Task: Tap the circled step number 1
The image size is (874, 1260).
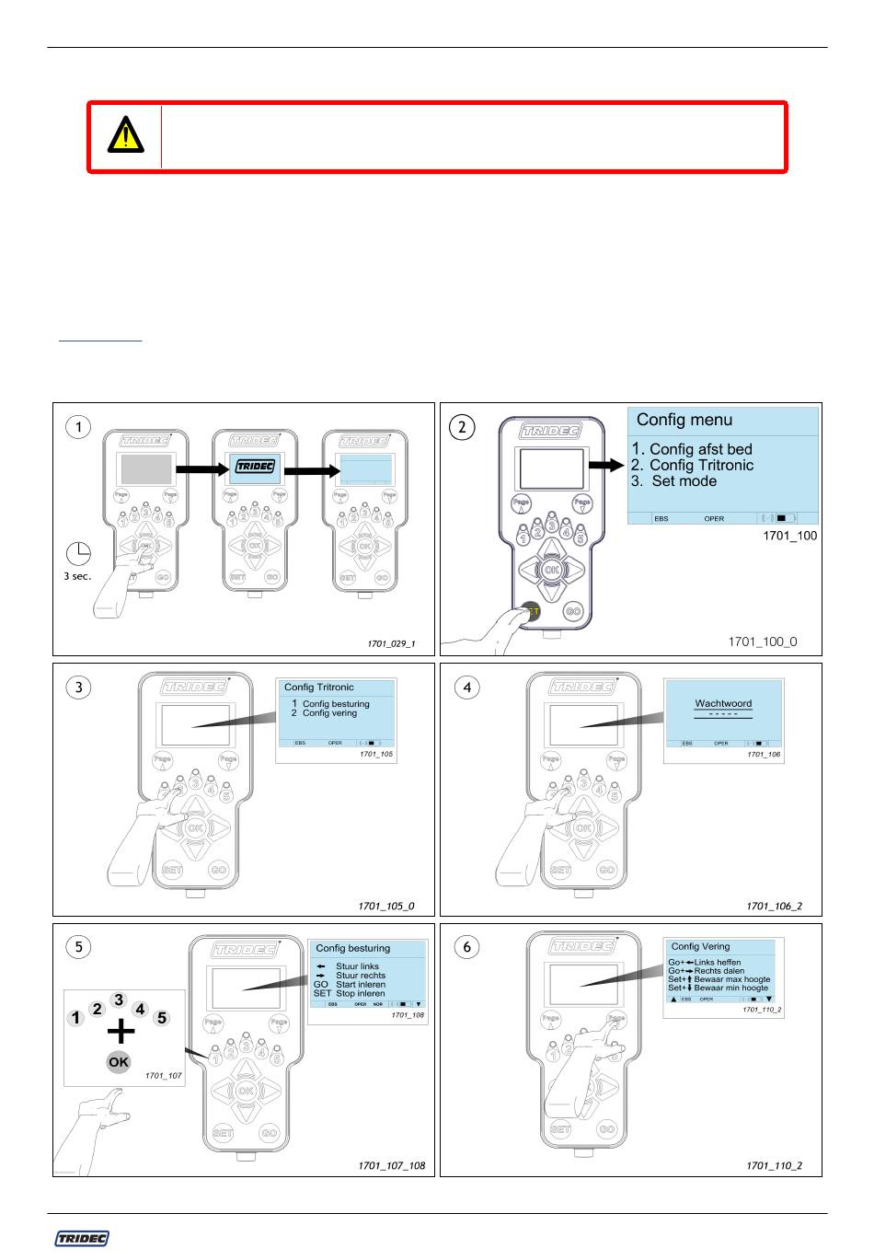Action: pos(79,427)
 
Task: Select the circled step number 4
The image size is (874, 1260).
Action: pos(467,688)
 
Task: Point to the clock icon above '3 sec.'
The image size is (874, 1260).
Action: pos(79,554)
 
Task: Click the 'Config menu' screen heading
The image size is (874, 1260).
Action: pos(684,420)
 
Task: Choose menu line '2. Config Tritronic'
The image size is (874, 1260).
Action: pos(693,466)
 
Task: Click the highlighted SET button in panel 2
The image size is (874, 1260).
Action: pos(530,612)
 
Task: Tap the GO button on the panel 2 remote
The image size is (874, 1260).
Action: pos(573,612)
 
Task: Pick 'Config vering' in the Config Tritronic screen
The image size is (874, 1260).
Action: pos(329,713)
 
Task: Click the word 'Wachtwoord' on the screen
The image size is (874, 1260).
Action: pos(723,703)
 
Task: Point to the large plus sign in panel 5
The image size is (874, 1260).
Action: pos(120,1031)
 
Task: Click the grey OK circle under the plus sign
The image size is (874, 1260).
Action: pos(119,1062)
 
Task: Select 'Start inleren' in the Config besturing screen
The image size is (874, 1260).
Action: pos(360,985)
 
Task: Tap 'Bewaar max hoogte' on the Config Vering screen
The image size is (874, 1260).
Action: pos(731,979)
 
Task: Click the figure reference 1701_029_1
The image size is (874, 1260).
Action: pos(392,643)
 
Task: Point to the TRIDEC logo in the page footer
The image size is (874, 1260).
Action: pos(82,1239)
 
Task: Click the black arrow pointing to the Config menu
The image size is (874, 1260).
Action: pos(606,466)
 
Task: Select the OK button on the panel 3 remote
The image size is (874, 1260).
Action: pos(195,827)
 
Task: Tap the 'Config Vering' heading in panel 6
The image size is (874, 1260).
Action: pos(700,946)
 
